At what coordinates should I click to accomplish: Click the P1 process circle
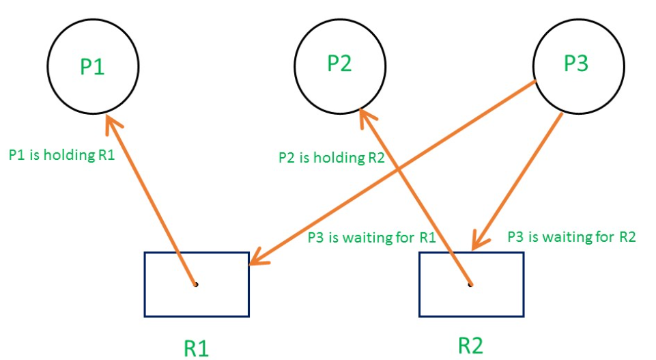click(x=93, y=67)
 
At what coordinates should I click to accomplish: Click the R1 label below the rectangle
click(x=197, y=347)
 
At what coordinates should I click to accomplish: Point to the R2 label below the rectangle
click(x=470, y=344)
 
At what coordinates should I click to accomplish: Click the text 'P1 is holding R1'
click(x=61, y=155)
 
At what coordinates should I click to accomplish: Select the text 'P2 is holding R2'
click(x=332, y=158)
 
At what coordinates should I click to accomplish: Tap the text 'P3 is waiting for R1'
click(x=371, y=238)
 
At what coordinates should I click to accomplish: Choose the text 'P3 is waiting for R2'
click(x=572, y=237)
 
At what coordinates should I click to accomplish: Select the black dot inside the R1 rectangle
click(x=195, y=283)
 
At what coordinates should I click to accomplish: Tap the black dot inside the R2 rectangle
click(x=470, y=283)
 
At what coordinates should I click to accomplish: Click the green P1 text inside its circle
click(x=93, y=67)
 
